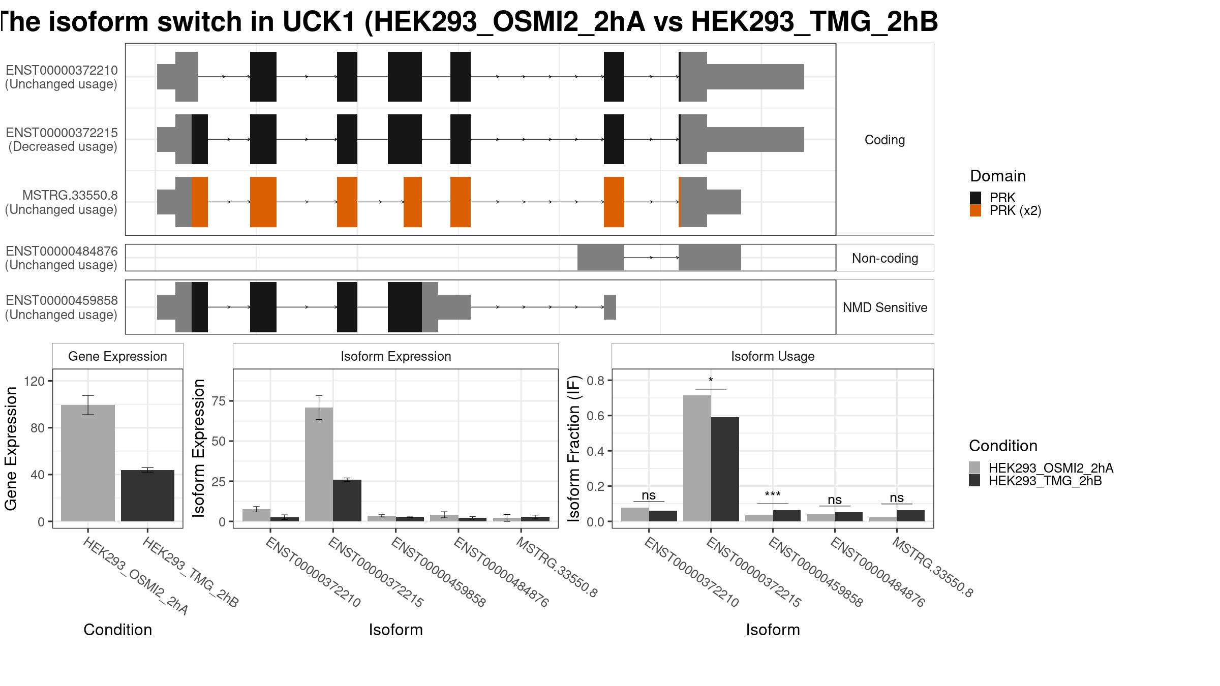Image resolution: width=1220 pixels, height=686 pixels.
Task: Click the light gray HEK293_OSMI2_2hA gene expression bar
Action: [88, 463]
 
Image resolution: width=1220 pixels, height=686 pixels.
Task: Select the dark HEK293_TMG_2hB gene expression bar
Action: [147, 495]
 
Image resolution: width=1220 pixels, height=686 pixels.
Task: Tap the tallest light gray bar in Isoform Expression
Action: [319, 464]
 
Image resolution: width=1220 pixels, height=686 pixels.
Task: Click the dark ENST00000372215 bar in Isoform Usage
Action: [725, 469]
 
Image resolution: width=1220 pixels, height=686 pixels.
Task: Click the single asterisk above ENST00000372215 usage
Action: [711, 381]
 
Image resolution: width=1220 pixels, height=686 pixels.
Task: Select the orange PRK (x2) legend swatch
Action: [975, 210]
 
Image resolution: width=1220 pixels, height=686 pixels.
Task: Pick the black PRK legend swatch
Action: [975, 198]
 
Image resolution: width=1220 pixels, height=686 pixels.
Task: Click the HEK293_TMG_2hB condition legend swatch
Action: [974, 481]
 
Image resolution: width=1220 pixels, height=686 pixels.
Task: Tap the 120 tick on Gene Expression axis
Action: [38, 381]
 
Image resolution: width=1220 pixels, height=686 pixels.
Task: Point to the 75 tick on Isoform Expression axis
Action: [219, 401]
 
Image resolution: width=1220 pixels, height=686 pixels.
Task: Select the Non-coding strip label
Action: [885, 258]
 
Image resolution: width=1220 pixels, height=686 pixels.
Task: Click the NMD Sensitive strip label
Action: [885, 307]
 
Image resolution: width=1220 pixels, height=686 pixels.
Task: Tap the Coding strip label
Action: [885, 140]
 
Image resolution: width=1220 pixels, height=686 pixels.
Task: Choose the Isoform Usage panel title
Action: [773, 356]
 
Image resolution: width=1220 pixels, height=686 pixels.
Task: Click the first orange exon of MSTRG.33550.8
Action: [200, 202]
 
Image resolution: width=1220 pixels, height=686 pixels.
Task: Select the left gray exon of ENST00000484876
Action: [601, 258]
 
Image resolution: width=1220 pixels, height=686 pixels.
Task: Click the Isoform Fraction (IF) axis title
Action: [574, 449]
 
